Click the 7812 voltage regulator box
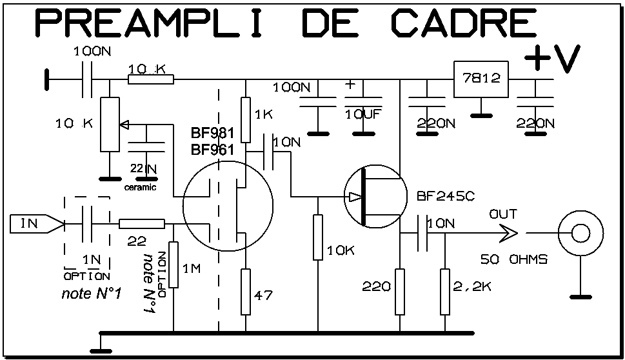pyautogui.click(x=480, y=79)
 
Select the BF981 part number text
pyautogui.click(x=212, y=135)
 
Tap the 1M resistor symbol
pyautogui.click(x=173, y=265)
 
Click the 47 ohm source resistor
pyautogui.click(x=245, y=292)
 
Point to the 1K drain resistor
pyautogui.click(x=245, y=115)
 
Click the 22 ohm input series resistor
pyautogui.click(x=142, y=224)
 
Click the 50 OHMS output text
pyautogui.click(x=513, y=259)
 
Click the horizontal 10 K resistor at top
pyautogui.click(x=151, y=79)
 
